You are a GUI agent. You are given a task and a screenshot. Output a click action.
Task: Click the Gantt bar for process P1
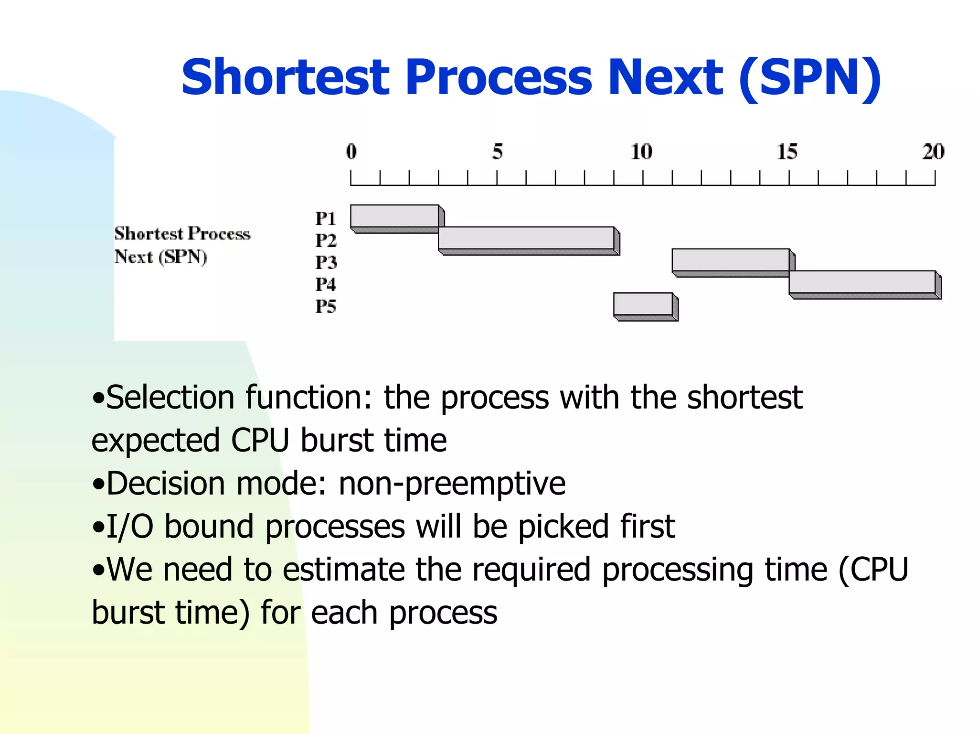pyautogui.click(x=394, y=216)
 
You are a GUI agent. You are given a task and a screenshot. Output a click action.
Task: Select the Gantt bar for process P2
pyautogui.click(x=526, y=238)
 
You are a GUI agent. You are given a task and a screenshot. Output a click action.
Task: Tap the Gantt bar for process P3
pyautogui.click(x=730, y=260)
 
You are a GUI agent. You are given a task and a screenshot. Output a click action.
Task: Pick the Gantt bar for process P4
pyautogui.click(x=862, y=282)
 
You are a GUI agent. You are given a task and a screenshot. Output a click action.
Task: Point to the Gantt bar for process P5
pyautogui.click(x=643, y=304)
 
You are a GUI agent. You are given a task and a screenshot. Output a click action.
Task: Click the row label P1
pyautogui.click(x=326, y=219)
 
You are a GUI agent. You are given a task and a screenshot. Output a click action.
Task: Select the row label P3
pyautogui.click(x=326, y=262)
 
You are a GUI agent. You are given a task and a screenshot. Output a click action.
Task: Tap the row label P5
pyautogui.click(x=326, y=306)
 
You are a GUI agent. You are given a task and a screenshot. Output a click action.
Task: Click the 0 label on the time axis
pyautogui.click(x=351, y=151)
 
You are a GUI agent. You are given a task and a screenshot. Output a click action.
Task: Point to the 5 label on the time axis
pyautogui.click(x=498, y=151)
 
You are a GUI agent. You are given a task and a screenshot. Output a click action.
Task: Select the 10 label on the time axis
pyautogui.click(x=641, y=151)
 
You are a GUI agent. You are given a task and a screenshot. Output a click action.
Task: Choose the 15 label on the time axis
pyautogui.click(x=787, y=151)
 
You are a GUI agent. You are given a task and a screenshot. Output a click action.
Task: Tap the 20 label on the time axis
pyautogui.click(x=933, y=151)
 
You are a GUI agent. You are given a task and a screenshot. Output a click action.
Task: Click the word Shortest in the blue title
pyautogui.click(x=286, y=77)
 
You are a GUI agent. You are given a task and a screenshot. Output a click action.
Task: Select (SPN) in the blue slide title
pyautogui.click(x=810, y=78)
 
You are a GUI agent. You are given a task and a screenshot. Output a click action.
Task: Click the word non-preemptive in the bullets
pyautogui.click(x=452, y=484)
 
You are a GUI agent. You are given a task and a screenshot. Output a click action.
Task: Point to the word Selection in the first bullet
pyautogui.click(x=170, y=398)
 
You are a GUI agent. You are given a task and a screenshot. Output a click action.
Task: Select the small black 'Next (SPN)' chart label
pyautogui.click(x=160, y=257)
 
